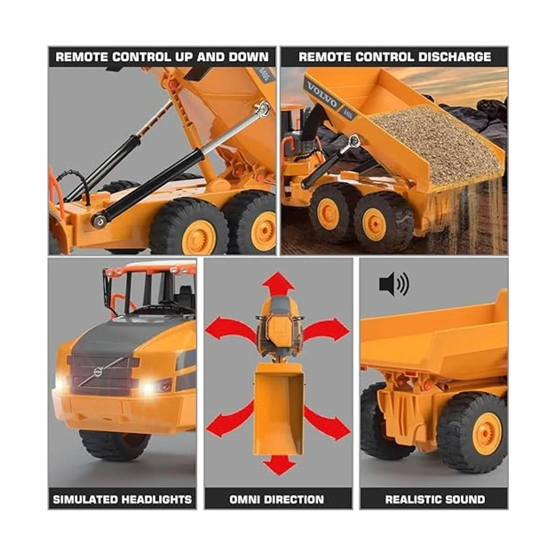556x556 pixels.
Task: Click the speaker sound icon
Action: (x=393, y=284)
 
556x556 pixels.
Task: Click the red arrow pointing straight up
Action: (x=278, y=284)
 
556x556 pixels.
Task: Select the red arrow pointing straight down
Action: (x=279, y=466)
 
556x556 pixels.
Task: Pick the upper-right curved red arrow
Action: (x=326, y=329)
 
